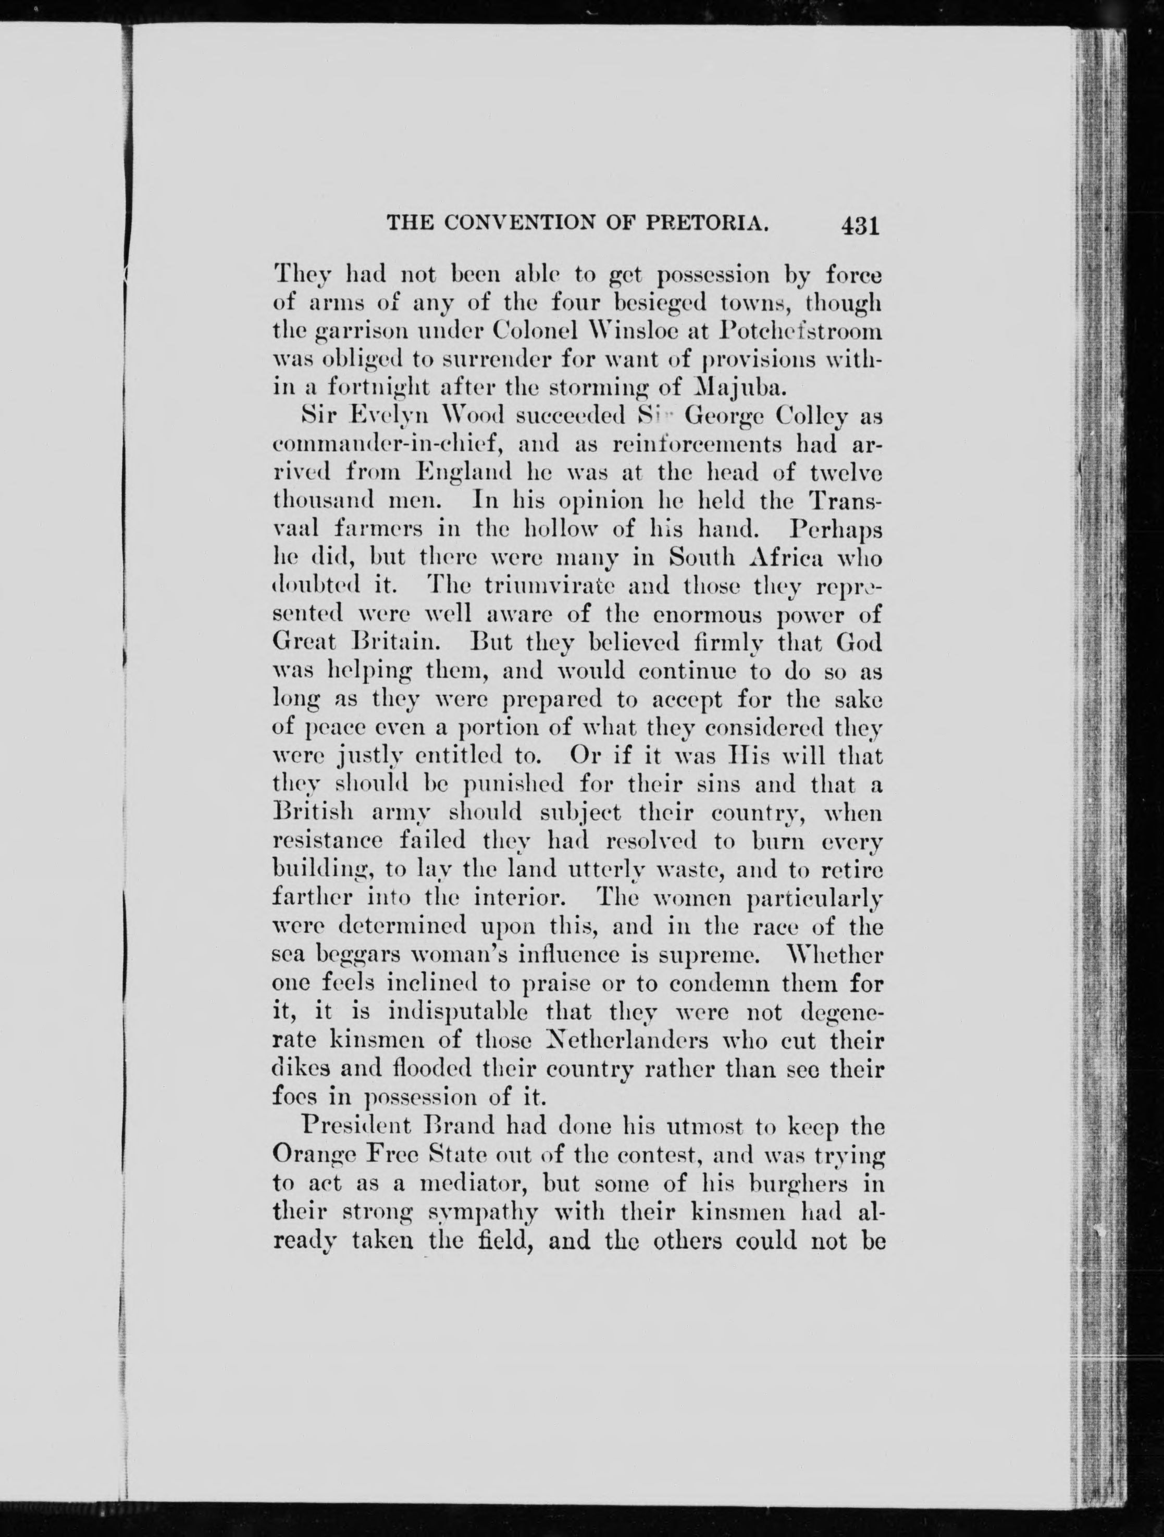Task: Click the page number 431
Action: (860, 227)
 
